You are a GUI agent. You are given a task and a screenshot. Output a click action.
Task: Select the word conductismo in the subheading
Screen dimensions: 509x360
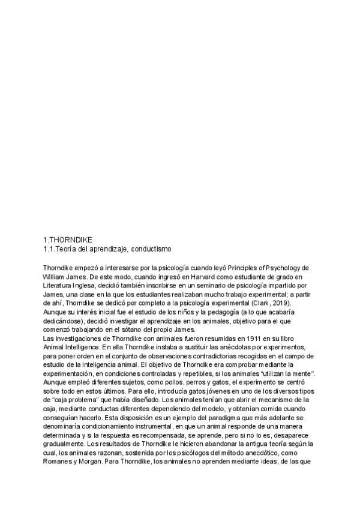click(x=155, y=248)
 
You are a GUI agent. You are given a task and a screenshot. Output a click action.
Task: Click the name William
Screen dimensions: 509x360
click(x=56, y=277)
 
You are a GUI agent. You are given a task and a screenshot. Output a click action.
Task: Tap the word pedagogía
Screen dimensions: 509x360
click(x=221, y=313)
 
